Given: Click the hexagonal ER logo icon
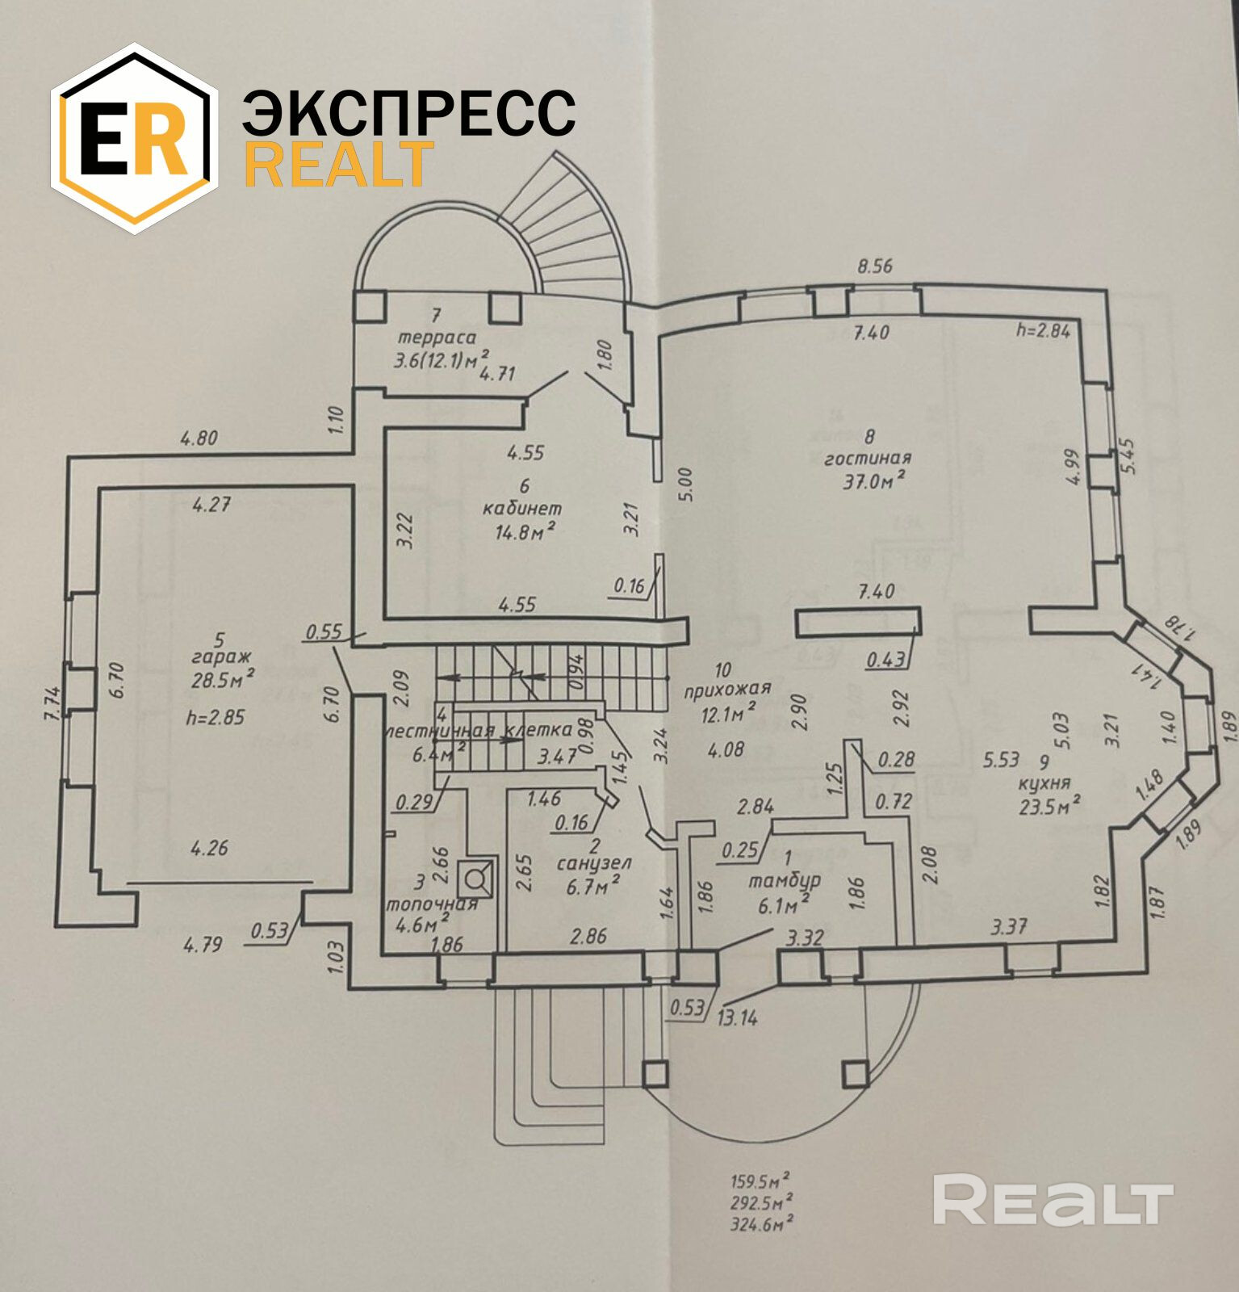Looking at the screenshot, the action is tap(135, 138).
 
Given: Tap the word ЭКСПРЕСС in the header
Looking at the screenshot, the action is tap(408, 113).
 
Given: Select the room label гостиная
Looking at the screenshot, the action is tap(868, 459).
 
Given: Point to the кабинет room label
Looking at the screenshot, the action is tap(522, 509).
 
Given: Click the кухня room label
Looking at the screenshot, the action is tap(1044, 782).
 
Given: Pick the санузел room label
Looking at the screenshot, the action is tap(594, 863).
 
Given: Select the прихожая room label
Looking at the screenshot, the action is tap(726, 690).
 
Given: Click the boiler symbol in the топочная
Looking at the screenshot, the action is tap(476, 875).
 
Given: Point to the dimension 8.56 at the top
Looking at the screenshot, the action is tap(874, 266).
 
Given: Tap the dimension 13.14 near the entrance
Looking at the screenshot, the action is tap(737, 1017).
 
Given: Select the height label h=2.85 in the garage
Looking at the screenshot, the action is tap(215, 717).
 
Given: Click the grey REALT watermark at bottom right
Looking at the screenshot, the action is tap(1052, 1201).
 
